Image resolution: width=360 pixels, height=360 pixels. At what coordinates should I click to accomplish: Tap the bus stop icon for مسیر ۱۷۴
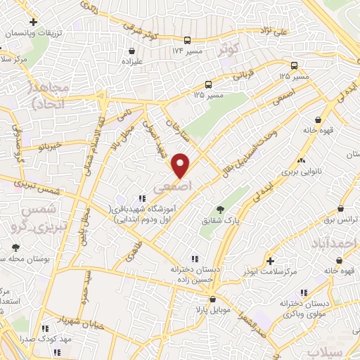[x=187, y=40]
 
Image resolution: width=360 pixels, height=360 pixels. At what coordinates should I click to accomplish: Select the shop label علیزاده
[x=131, y=63]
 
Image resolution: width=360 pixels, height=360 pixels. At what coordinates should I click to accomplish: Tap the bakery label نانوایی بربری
[x=301, y=171]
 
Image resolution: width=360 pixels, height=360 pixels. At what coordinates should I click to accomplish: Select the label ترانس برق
[x=340, y=219]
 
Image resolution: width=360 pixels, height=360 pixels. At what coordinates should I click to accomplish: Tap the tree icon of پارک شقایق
[x=220, y=209]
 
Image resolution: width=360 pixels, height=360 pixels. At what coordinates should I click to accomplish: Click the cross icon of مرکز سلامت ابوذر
[x=270, y=260]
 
